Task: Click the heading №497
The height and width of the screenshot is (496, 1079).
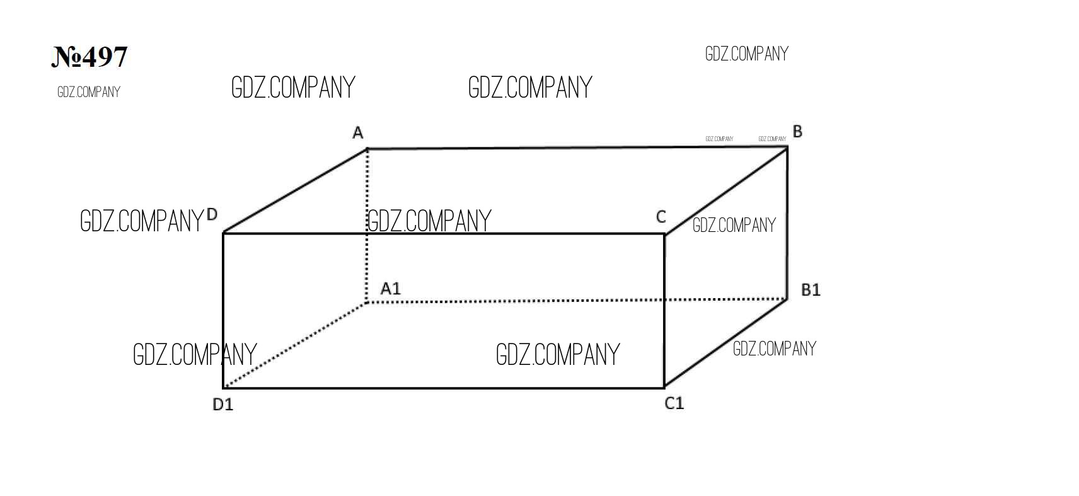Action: (89, 57)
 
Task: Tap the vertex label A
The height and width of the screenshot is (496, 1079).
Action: (357, 132)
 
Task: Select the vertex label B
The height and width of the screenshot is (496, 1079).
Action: (797, 132)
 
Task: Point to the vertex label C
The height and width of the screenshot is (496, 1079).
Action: (661, 217)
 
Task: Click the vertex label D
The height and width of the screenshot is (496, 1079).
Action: (212, 214)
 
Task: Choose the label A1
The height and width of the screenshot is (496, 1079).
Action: (391, 289)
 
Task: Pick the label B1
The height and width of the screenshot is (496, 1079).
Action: (811, 290)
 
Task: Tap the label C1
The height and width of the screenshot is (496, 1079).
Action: (674, 403)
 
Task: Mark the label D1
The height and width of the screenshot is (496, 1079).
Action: (223, 405)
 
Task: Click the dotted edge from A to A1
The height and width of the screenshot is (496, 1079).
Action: (367, 226)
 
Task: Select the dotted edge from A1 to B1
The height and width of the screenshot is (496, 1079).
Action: (577, 301)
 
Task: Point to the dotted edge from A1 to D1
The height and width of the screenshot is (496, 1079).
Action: (295, 345)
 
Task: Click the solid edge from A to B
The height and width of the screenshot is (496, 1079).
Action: (577, 148)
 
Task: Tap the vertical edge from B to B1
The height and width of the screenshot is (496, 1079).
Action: (788, 223)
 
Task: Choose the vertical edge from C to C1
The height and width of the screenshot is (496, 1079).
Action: (665, 311)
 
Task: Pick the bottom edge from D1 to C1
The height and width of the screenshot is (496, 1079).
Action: (444, 388)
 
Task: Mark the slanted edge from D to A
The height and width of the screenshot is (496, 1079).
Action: (295, 191)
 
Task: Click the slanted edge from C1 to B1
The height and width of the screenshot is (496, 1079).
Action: (726, 343)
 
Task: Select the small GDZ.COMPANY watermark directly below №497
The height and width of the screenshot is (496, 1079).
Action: (89, 92)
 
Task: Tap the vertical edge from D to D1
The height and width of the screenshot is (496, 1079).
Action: (223, 311)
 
